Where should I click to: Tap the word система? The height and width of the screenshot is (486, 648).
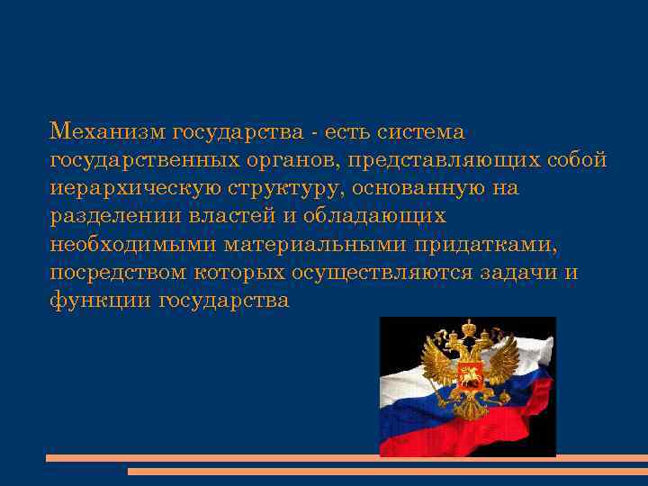[x=422, y=132]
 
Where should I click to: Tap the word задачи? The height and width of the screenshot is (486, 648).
[x=513, y=272]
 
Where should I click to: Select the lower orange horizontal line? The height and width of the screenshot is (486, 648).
[x=387, y=471]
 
